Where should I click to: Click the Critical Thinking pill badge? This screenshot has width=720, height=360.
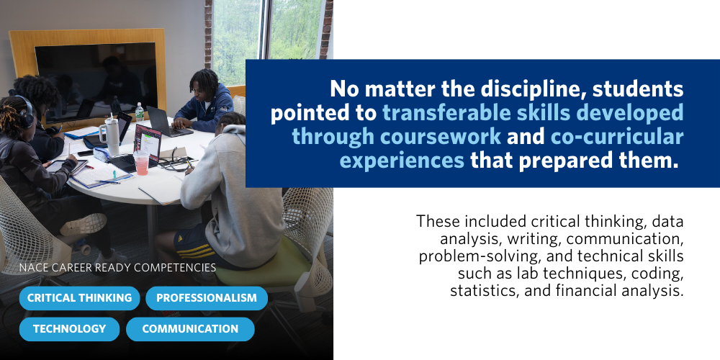(79, 297)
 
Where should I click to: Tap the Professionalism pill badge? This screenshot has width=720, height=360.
(207, 297)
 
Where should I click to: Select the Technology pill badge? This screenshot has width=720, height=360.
(69, 329)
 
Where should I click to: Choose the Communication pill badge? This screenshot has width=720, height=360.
(190, 329)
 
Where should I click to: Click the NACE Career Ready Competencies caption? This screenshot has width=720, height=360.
(117, 268)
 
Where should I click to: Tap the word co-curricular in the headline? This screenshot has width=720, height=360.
(618, 136)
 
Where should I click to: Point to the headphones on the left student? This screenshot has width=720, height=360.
(24, 112)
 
